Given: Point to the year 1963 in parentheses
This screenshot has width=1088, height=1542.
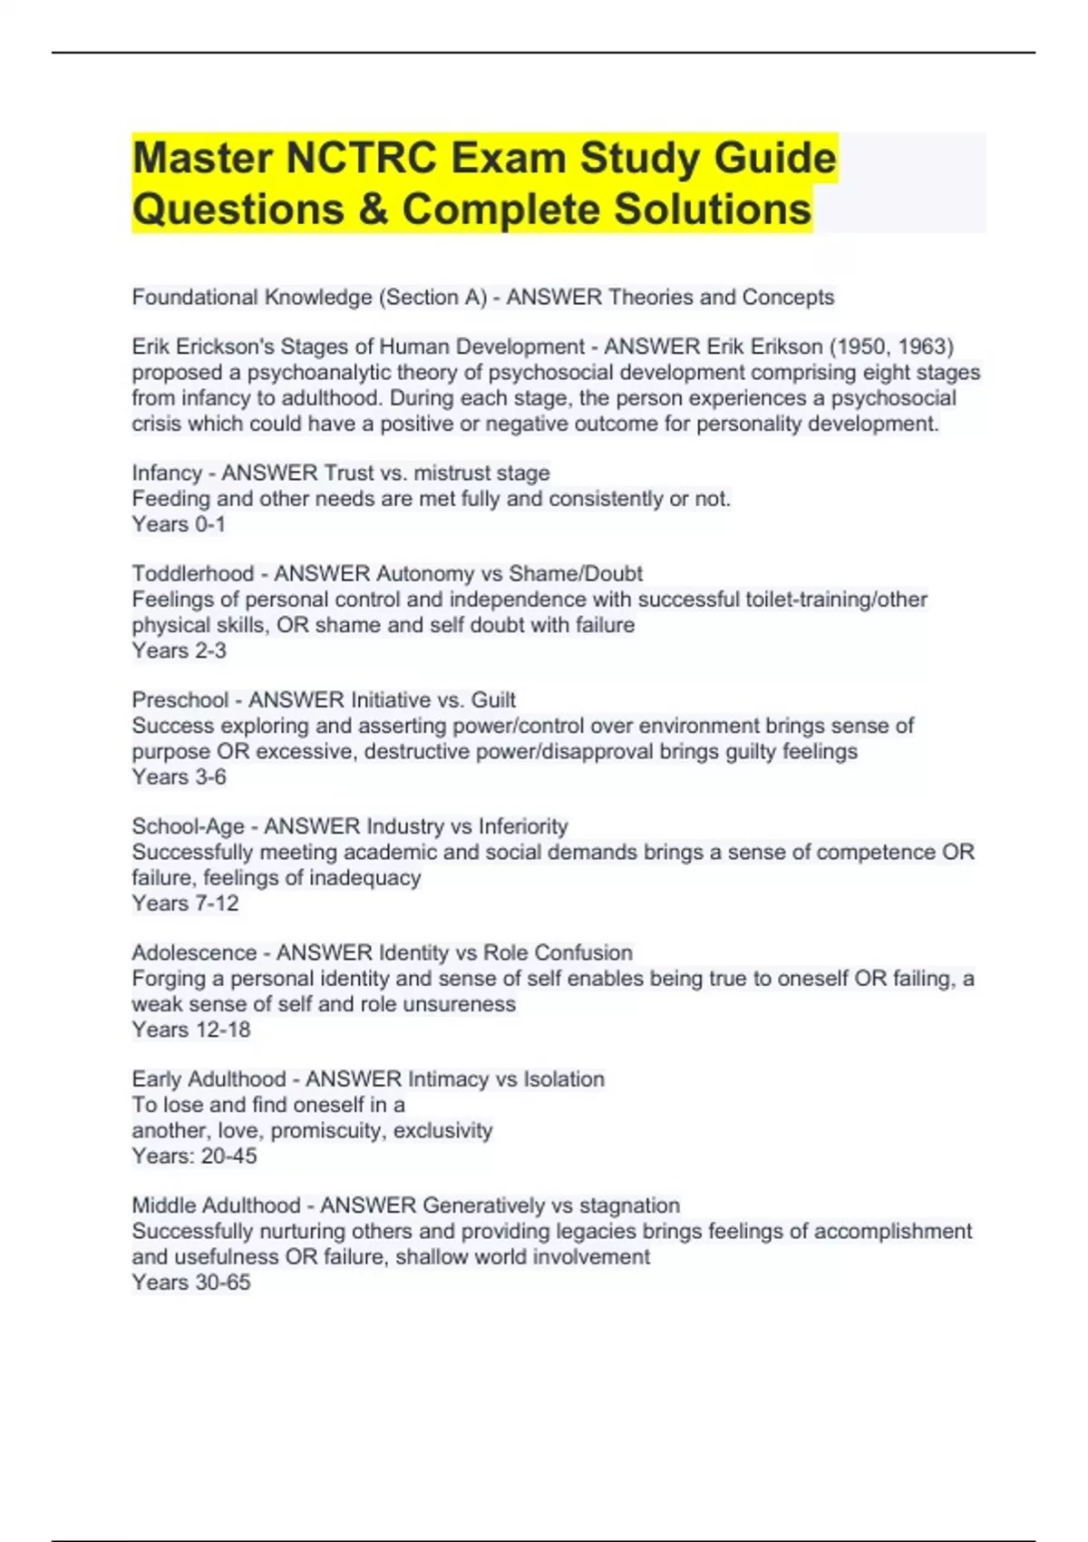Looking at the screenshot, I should (x=925, y=346).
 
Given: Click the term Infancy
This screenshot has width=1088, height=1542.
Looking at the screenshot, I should (x=167, y=473).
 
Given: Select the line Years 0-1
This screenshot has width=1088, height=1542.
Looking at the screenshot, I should (x=179, y=524).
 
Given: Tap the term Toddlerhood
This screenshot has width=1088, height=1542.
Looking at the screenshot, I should (x=192, y=574).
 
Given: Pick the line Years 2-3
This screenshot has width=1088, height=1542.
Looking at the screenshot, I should (x=179, y=650).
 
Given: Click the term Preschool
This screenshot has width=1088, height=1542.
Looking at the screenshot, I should (x=180, y=700).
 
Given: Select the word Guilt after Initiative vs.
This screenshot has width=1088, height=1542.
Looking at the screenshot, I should (x=493, y=700).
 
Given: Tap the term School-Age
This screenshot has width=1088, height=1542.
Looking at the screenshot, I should (x=188, y=826).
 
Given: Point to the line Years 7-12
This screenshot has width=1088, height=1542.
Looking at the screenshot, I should (x=185, y=903).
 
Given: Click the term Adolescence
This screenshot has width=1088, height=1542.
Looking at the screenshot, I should (x=194, y=953).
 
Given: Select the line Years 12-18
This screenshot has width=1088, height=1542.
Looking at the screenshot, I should (x=190, y=1030).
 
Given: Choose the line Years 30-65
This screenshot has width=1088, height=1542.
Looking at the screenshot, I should (x=190, y=1283).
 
